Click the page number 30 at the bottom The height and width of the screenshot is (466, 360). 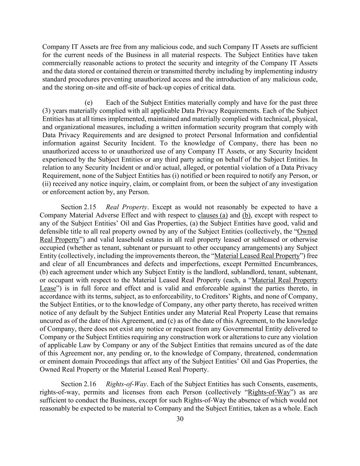click(180, 419)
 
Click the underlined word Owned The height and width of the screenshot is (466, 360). click(307, 231)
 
